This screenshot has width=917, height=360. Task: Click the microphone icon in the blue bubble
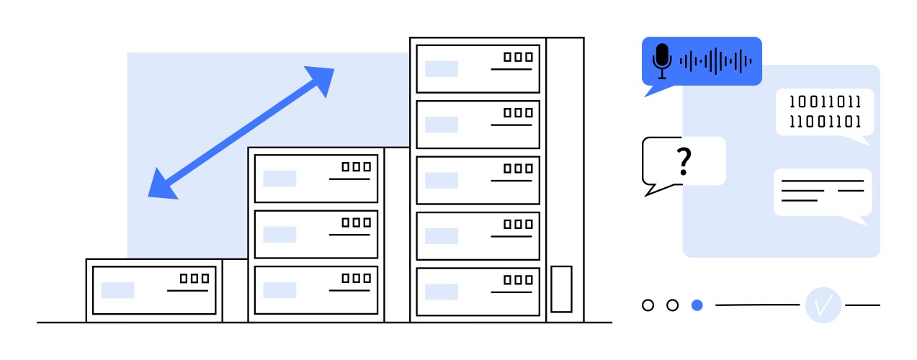pos(662,60)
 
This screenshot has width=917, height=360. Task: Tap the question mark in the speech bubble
pos(684,162)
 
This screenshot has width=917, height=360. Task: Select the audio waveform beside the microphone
pos(715,61)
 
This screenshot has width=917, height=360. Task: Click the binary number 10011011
pos(825,102)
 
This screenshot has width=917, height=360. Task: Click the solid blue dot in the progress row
pos(697,305)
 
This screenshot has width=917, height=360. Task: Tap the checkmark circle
pos(823,305)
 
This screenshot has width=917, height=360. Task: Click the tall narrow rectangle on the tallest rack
pos(561,289)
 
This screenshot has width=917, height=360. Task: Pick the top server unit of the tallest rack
pos(478,68)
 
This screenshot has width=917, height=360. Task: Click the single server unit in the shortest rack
pos(154,290)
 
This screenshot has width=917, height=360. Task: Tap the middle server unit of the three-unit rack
pos(316,234)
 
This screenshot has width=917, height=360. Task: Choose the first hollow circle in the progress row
pos(648,305)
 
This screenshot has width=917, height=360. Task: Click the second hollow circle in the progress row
pos(672,305)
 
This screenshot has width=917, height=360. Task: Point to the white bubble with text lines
pos(822,192)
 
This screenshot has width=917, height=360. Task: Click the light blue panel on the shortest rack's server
pos(117,290)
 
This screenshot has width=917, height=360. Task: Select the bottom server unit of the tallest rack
pos(478,291)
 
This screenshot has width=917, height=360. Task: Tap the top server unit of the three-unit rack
pos(316,178)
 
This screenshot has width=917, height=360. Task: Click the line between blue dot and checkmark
pos(757,305)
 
